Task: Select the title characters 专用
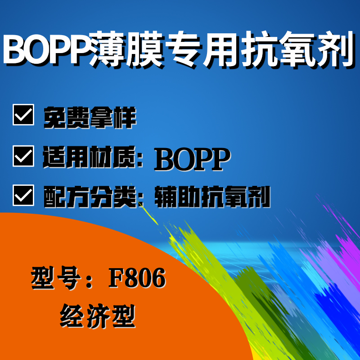[x=202, y=49]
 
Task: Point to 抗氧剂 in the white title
[x=297, y=49]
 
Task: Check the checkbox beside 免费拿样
[x=23, y=115]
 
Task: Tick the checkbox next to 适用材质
[x=23, y=156]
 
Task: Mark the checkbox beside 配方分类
[x=23, y=195]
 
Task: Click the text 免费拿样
[x=90, y=117]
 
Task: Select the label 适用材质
[x=89, y=157]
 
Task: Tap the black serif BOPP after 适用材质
[x=192, y=159]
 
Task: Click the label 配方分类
[x=90, y=197]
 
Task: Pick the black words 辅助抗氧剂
[x=212, y=197]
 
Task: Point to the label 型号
[x=56, y=278]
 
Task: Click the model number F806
[x=137, y=278]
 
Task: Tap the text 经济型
[x=98, y=316]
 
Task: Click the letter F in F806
[x=116, y=278]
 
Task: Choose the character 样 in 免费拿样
[x=125, y=117]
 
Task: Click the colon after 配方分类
[x=140, y=199]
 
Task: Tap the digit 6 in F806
[x=158, y=278]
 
